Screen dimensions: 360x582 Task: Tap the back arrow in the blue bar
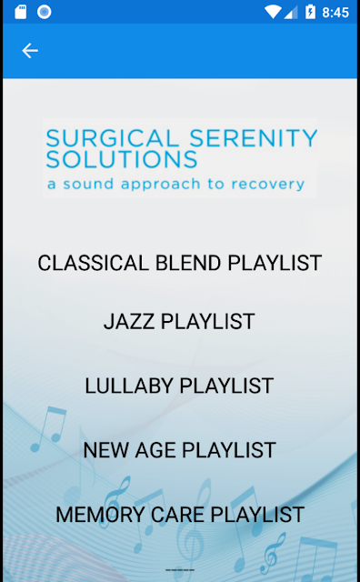pos(30,51)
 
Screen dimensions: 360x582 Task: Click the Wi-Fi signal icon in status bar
pos(273,12)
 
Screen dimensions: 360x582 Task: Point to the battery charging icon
pos(310,12)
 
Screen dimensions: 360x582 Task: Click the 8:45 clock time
pos(335,13)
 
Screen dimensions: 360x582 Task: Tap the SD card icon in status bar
pos(20,12)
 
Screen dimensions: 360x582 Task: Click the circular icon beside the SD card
pos(44,12)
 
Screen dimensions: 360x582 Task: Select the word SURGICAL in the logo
pos(113,138)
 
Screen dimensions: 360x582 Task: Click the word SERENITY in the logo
pos(254,138)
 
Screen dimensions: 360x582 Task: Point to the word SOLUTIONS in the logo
pos(122,160)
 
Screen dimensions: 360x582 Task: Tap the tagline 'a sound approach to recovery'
pos(176,184)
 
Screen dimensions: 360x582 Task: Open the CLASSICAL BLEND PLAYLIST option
pos(180,263)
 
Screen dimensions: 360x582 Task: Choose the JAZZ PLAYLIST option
pos(179,321)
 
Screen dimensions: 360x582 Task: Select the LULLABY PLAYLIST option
pos(179,386)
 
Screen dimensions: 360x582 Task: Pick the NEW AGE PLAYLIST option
pos(180,450)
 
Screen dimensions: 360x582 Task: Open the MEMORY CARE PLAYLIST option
pos(180,514)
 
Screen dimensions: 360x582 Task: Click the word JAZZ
pos(129,321)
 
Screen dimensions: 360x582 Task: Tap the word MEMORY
pos(100,514)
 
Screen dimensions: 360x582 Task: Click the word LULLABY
pos(129,386)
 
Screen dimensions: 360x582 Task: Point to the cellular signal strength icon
pos(291,12)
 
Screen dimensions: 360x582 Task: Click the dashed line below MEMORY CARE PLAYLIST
pos(180,570)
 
